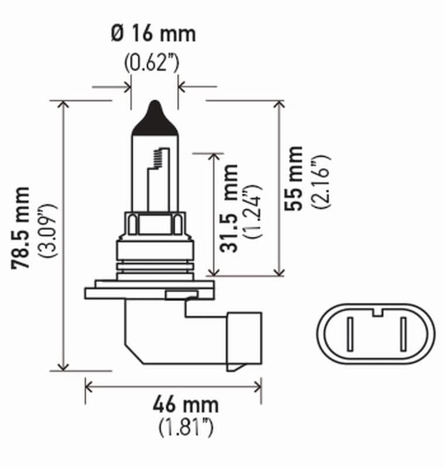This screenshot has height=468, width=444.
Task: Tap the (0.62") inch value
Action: pos(153,62)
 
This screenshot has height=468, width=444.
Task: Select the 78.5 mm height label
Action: pos(22,228)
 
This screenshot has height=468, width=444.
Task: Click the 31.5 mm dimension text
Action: pos(230,208)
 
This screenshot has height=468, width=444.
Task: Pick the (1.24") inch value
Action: pos(254,211)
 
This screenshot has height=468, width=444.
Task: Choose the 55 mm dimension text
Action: pos(294,178)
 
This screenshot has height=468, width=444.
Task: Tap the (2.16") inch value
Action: pos(321,182)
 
